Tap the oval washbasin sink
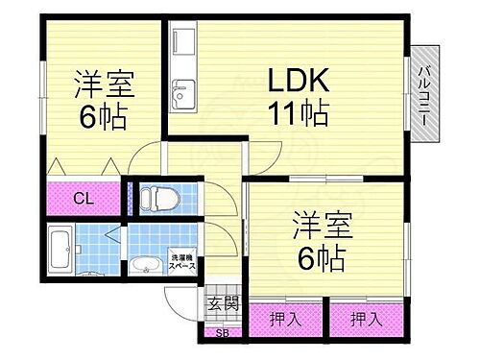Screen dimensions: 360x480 148,265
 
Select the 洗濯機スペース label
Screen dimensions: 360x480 182,260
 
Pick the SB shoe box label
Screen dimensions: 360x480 222,333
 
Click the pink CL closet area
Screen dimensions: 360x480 84,200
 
